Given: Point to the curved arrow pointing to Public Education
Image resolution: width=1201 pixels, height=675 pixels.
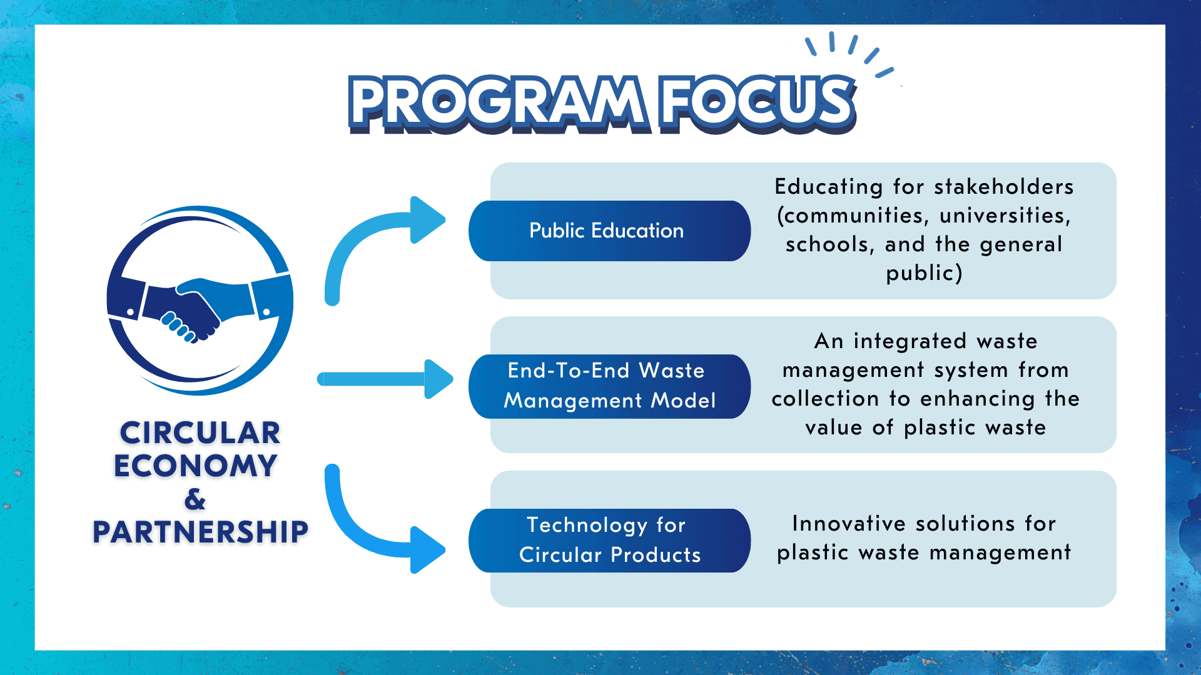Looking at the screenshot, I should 375,237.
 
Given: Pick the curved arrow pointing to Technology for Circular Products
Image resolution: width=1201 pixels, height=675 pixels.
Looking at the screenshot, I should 375,531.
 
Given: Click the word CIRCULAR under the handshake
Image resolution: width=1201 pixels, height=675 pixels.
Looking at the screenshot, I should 200,433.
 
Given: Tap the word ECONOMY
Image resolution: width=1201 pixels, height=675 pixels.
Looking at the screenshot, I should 195,466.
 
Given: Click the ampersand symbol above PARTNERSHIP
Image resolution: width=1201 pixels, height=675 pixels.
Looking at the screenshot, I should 195,499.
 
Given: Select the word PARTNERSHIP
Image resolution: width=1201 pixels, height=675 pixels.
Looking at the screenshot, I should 200,532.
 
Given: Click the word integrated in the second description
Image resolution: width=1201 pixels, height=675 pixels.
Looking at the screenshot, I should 910,341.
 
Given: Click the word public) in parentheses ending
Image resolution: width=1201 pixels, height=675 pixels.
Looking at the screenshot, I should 924,273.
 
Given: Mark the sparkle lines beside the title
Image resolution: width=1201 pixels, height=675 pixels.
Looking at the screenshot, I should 851,53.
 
